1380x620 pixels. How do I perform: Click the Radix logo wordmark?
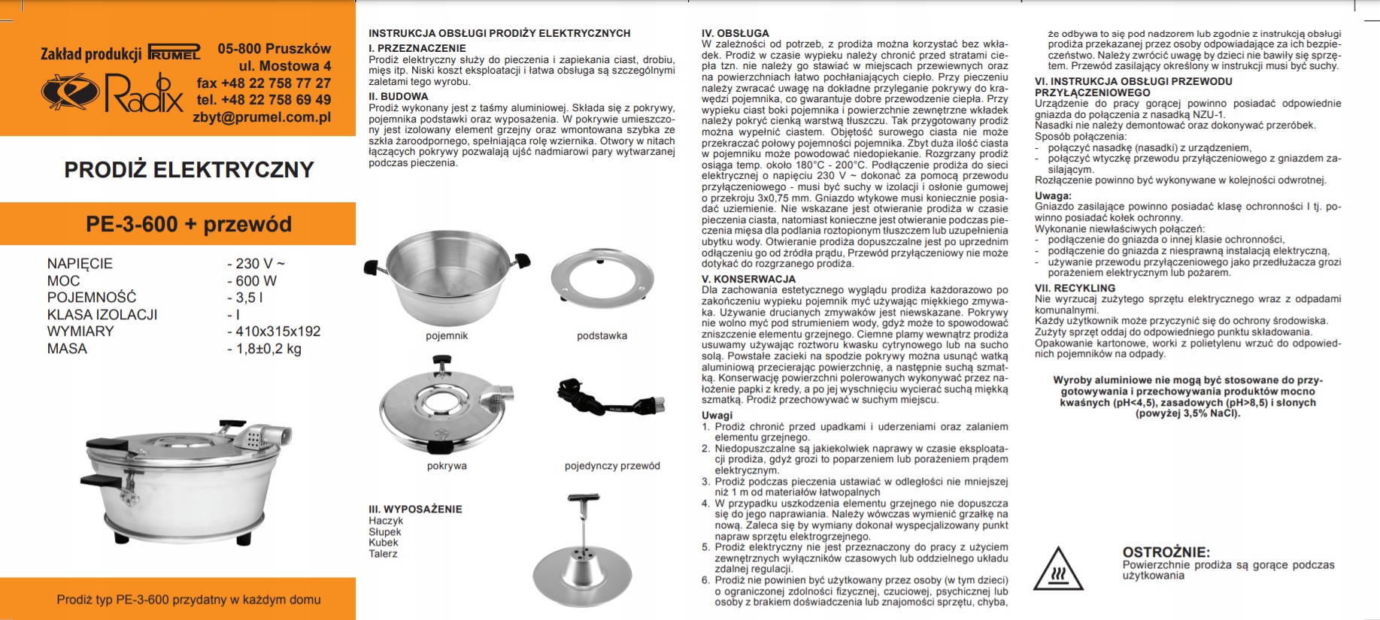(143, 93)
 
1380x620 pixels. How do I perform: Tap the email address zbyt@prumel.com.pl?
(262, 117)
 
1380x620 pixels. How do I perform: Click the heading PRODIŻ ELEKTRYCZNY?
(189, 170)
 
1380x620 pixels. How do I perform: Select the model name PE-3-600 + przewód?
(189, 224)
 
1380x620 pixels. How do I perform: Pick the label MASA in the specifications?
(67, 349)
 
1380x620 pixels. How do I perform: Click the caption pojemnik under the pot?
(447, 336)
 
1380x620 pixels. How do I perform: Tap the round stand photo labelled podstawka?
(602, 279)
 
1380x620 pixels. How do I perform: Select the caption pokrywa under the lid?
(447, 466)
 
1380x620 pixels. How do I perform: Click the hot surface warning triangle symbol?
(1057, 570)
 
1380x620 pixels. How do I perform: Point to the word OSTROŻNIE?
(1166, 552)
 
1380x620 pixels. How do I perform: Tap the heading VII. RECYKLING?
(1075, 288)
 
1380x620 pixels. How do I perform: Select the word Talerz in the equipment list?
(383, 554)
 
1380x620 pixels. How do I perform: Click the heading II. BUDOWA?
(398, 96)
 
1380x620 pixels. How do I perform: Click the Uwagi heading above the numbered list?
(717, 415)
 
